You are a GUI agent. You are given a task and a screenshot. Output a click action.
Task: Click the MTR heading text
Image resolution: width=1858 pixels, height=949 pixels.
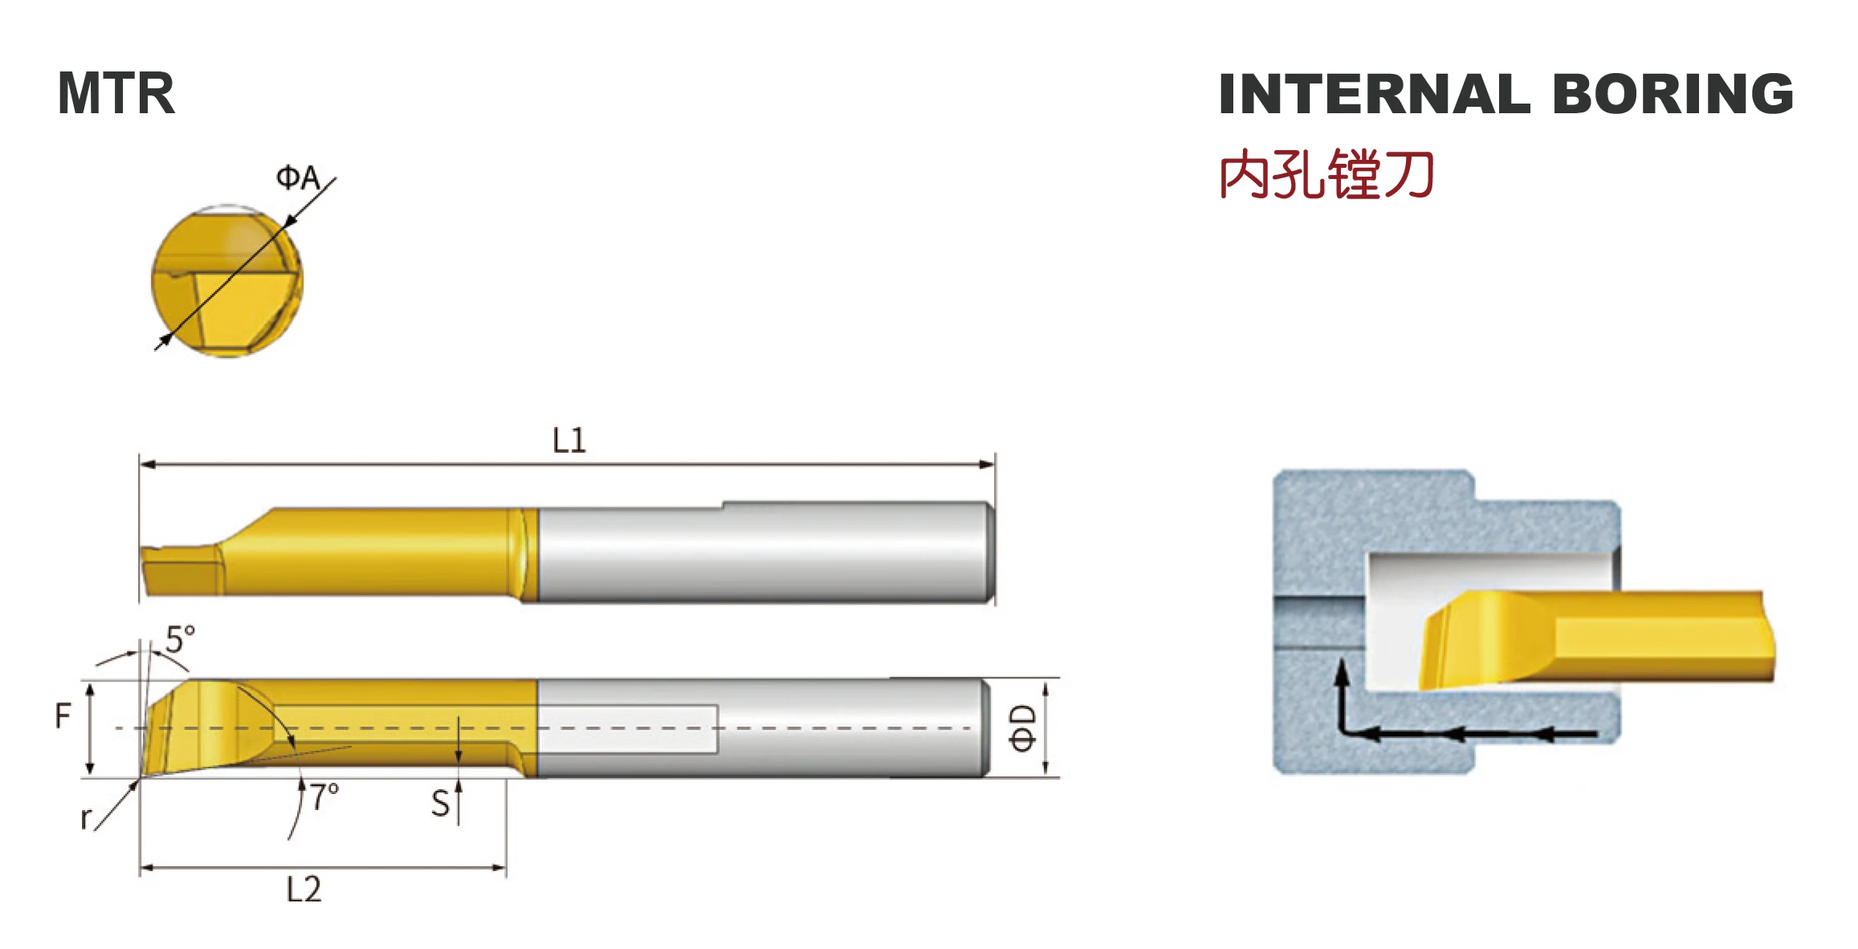[x=116, y=94]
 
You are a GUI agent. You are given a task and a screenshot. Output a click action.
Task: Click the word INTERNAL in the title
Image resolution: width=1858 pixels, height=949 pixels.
[x=1374, y=94]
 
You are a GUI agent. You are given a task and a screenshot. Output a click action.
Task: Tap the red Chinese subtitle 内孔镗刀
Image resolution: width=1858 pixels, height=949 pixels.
[x=1326, y=174]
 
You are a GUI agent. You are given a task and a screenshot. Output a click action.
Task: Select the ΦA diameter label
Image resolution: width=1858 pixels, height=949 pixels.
[x=298, y=177]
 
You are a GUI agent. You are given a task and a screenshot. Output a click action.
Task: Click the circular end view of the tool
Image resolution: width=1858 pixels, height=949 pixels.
[x=227, y=281]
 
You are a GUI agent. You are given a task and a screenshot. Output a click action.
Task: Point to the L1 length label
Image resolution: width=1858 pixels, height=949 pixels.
[x=569, y=440]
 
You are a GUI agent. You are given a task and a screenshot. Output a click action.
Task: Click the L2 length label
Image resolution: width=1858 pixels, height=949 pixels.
[x=304, y=890]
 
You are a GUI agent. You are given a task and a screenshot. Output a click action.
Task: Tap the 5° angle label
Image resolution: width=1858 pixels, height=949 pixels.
[x=180, y=639]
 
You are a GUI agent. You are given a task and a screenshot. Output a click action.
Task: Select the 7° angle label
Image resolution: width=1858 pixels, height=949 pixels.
[x=325, y=796]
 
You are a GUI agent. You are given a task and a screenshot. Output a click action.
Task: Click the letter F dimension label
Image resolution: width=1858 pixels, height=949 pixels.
[x=63, y=715]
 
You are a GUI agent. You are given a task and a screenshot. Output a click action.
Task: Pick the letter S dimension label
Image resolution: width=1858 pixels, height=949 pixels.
[x=440, y=804]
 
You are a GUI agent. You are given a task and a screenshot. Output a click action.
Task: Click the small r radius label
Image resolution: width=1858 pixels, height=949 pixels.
[x=86, y=819]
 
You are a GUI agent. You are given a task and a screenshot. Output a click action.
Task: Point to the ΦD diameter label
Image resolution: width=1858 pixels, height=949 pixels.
[x=1023, y=728]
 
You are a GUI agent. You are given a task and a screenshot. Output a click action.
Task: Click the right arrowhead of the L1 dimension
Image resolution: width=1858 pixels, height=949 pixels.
[x=988, y=464]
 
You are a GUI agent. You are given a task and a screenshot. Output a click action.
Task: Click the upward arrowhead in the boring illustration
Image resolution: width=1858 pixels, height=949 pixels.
[x=1340, y=671]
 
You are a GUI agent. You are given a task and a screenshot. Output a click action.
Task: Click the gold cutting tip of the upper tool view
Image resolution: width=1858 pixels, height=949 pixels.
[x=181, y=572]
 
